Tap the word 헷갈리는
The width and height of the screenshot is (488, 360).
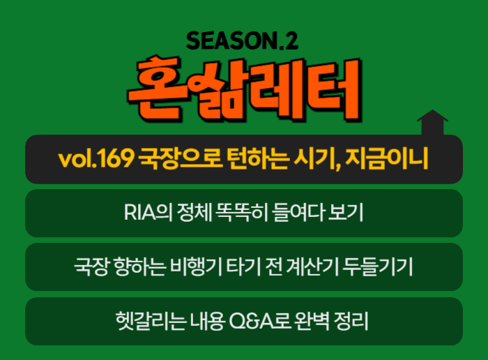(x=149, y=321)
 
